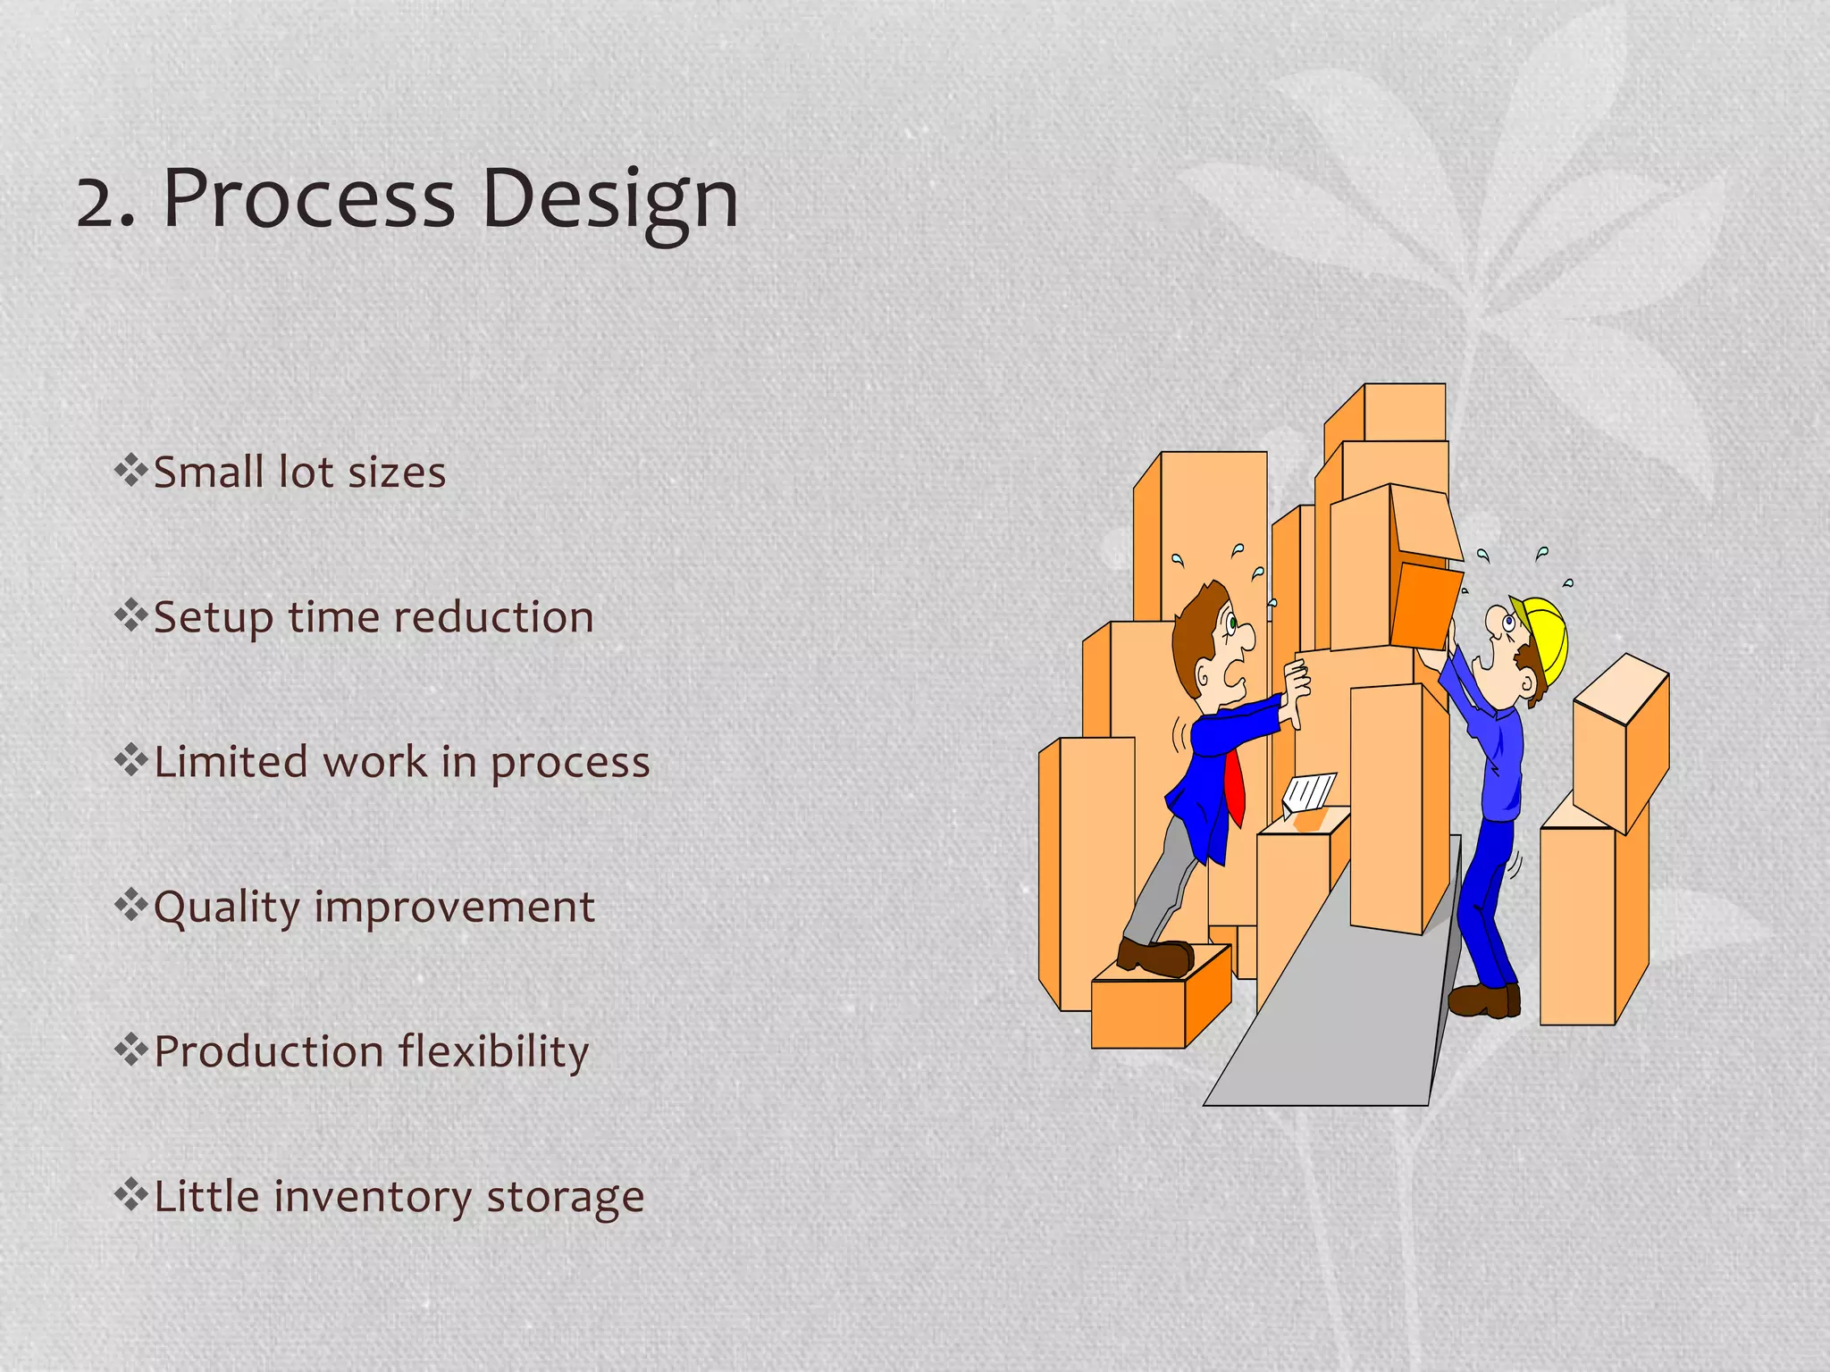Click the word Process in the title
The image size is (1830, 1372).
308,198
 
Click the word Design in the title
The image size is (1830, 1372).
610,198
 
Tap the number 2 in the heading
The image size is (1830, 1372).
100,201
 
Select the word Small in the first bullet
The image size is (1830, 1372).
210,472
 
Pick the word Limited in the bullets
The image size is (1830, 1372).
231,762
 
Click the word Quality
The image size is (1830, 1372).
227,908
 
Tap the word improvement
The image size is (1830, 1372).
454,908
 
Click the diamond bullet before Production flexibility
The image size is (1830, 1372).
130,1050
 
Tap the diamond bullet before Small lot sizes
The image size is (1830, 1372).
130,470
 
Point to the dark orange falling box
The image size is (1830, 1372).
1425,606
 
